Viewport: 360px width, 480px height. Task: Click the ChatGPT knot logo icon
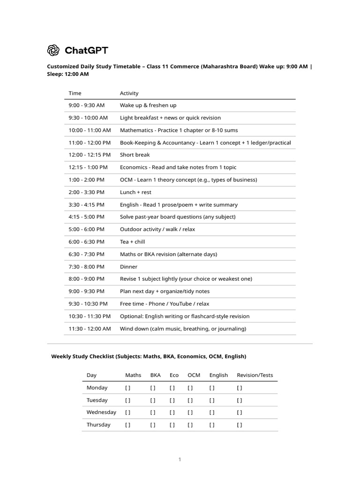click(53, 50)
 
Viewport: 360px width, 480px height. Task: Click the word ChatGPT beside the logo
click(86, 50)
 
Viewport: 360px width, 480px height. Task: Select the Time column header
click(75, 93)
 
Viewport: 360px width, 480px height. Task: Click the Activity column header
click(129, 93)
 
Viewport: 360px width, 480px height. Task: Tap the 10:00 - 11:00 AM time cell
click(90, 130)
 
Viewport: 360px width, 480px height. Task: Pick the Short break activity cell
click(135, 155)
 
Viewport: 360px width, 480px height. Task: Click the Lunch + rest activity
click(135, 192)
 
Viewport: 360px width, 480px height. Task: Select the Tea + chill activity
click(132, 242)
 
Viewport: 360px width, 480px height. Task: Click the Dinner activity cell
click(128, 267)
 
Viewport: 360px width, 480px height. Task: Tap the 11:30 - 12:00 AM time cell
click(90, 329)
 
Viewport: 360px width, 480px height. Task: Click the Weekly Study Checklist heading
click(148, 357)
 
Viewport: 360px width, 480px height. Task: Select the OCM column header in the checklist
click(194, 375)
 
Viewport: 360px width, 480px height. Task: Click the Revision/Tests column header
click(255, 375)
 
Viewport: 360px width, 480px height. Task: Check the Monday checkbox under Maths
click(127, 388)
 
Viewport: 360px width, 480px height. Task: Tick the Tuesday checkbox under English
click(212, 400)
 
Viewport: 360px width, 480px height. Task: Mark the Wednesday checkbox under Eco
click(172, 412)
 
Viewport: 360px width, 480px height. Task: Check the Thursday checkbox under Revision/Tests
click(240, 425)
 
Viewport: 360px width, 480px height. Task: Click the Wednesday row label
click(101, 412)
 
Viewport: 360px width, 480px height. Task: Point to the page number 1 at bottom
click(180, 460)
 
